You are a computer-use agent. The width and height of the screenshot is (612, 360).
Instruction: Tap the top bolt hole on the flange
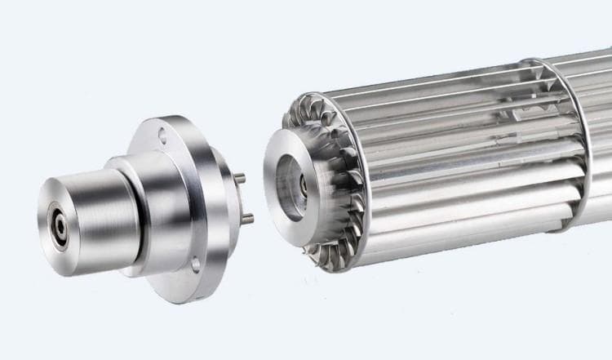pos(162,136)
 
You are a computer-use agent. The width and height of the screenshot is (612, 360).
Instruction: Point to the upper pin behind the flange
pos(242,178)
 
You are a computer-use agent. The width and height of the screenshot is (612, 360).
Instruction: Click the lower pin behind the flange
pos(247,218)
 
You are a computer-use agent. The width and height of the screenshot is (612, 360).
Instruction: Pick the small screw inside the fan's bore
pos(303,185)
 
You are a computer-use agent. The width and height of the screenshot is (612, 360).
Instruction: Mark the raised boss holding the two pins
pos(226,196)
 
